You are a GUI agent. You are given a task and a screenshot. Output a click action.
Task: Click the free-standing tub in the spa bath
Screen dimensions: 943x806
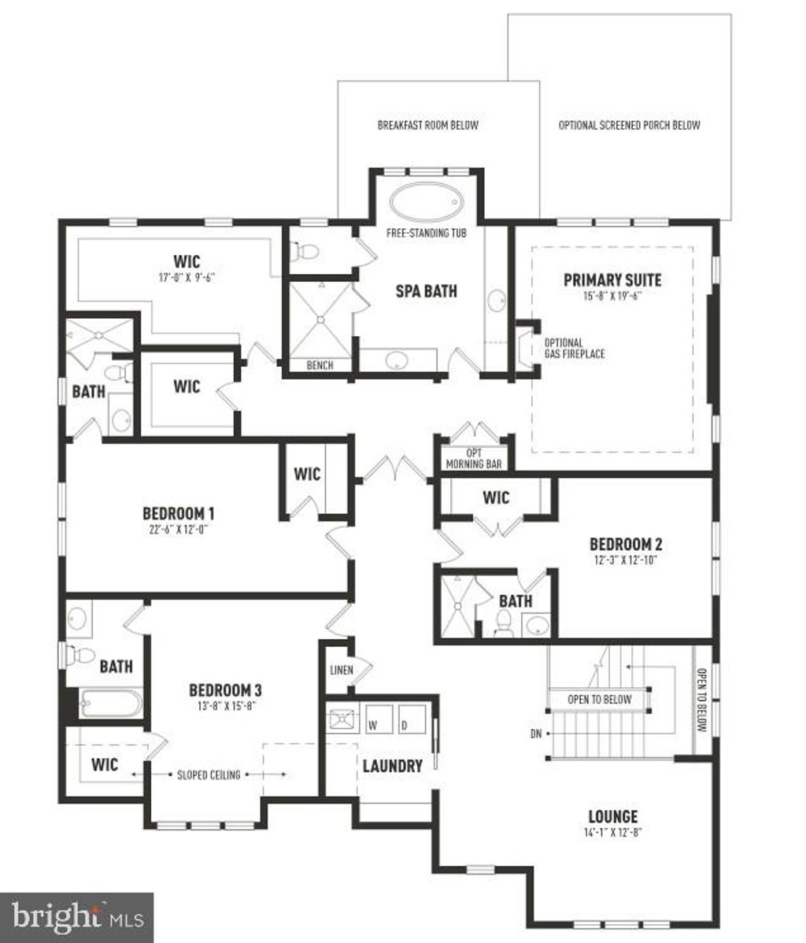pos(425,204)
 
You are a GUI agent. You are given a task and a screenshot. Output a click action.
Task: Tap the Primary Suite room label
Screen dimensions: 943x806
pos(612,280)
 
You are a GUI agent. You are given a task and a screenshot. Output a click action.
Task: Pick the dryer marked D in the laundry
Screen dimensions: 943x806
pos(405,722)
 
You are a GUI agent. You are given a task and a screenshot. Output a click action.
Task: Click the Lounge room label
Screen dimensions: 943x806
pos(612,816)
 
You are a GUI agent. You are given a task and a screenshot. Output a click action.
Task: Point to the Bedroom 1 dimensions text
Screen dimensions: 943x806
pos(179,530)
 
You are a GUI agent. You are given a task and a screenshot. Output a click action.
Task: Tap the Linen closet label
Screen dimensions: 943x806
pos(340,670)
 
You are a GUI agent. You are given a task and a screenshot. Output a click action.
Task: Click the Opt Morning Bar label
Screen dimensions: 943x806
pos(474,459)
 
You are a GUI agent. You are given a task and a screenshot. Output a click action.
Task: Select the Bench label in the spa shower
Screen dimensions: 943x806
pos(320,365)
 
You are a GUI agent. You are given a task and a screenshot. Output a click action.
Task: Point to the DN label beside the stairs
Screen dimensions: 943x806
pos(536,734)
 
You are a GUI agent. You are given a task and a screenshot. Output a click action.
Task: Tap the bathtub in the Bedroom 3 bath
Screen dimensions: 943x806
pos(111,703)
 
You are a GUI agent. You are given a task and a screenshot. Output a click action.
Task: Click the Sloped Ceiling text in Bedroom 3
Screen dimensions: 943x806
pos(209,775)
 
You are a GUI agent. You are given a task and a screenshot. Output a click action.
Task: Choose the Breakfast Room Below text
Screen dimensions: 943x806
pos(427,125)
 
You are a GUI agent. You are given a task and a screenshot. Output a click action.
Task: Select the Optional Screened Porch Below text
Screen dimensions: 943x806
pos(629,125)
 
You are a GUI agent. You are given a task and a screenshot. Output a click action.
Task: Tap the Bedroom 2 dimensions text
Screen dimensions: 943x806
pos(625,560)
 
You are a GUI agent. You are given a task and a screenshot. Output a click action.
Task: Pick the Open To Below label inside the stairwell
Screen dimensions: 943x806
pos(600,699)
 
